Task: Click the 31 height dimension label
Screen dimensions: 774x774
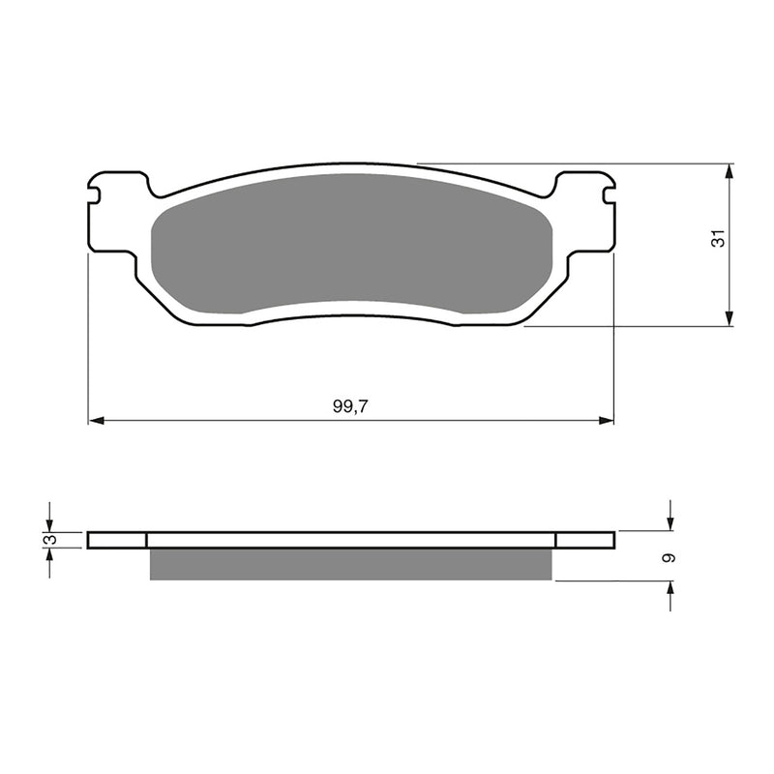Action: (x=717, y=240)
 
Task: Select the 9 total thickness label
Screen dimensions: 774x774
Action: (x=670, y=558)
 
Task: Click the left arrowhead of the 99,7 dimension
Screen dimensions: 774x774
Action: (x=95, y=421)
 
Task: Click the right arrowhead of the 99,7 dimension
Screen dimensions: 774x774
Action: (x=608, y=421)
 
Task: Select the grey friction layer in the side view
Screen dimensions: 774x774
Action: (x=350, y=564)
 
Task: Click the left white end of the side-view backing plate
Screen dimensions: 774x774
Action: (x=116, y=540)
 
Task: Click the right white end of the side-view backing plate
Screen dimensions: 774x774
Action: (x=585, y=540)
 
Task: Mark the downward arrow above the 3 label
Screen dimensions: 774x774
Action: (x=49, y=519)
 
